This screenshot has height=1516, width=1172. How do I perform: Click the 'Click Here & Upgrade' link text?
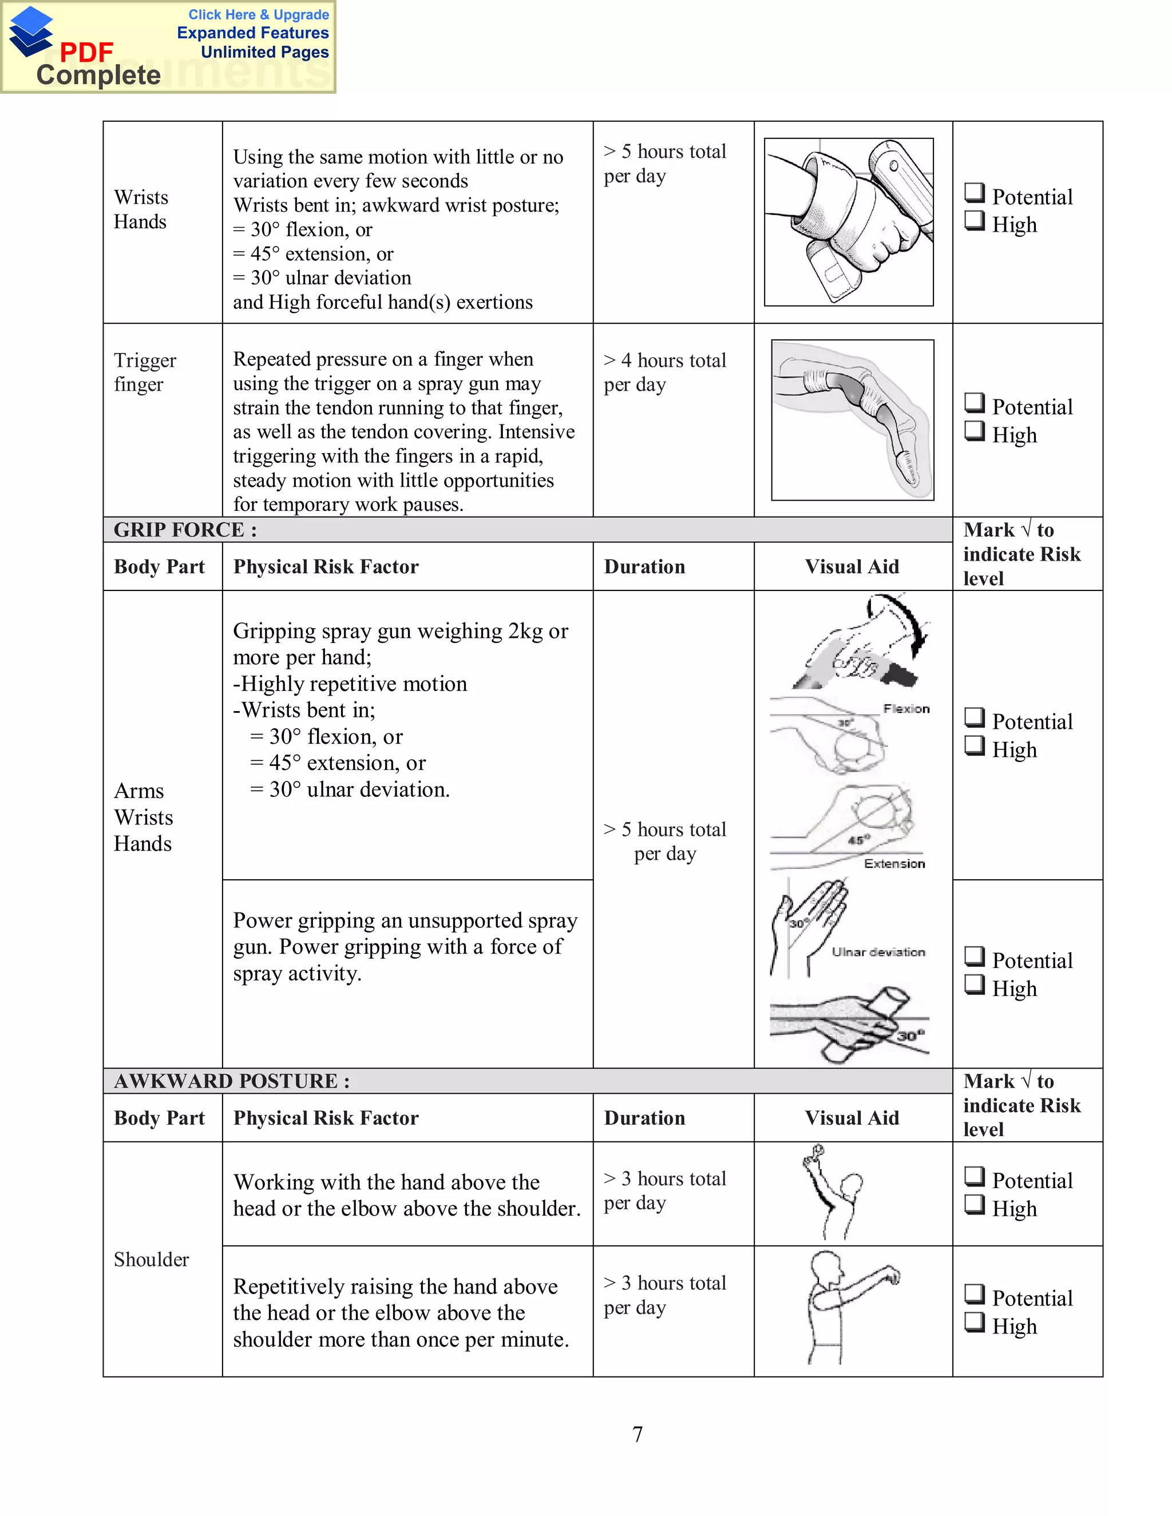point(258,14)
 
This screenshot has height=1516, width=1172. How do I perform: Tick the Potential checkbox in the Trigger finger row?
point(974,403)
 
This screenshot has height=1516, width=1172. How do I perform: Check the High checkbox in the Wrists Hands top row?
point(974,220)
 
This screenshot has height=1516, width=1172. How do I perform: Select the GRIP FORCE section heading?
point(185,530)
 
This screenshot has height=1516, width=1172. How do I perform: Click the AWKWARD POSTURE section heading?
point(231,1081)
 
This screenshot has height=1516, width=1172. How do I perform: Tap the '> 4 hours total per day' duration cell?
point(664,372)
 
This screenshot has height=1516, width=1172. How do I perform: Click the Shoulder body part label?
point(151,1259)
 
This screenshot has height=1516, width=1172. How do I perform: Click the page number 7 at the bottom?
point(638,1434)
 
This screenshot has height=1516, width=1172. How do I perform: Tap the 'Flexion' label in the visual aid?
point(906,709)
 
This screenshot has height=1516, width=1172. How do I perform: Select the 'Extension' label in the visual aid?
point(894,863)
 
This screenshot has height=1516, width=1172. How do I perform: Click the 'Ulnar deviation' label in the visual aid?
point(878,952)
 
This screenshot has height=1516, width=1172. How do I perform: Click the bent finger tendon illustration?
point(853,419)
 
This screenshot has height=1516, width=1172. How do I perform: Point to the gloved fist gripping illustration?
point(849,221)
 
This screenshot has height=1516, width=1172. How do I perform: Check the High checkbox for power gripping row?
point(974,985)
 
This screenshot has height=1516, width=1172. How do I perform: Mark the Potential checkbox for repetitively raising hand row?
point(974,1294)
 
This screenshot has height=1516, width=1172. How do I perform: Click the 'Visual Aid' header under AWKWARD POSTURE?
point(852,1118)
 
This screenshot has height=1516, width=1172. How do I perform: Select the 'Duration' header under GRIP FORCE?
point(644,566)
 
